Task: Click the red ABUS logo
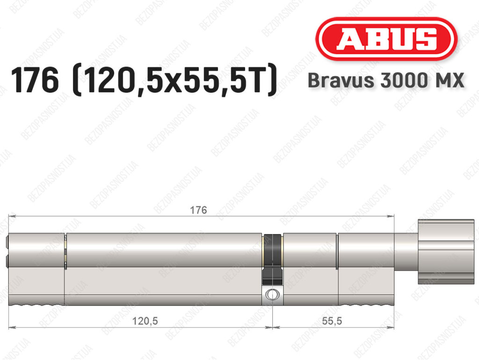pos(386,39)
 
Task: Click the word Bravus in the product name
pos(341,80)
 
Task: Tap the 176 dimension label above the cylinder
pos(198,210)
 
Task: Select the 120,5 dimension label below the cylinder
pos(145,321)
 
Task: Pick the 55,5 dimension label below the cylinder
pos(332,321)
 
